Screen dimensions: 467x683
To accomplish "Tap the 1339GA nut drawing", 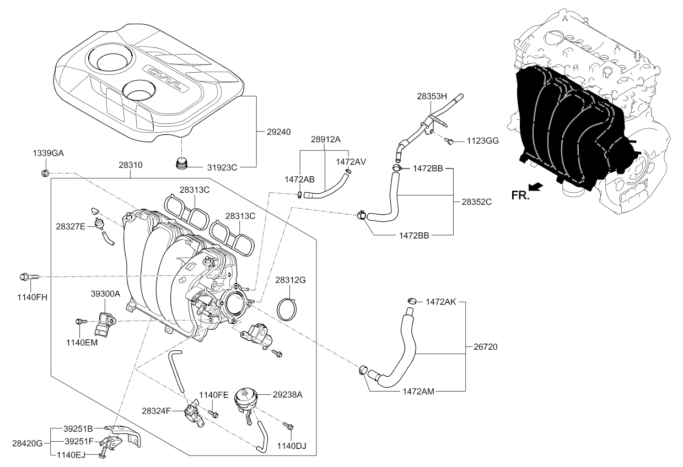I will point(45,173).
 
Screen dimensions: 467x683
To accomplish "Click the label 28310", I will point(130,164).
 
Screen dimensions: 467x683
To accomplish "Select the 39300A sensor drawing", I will point(105,322).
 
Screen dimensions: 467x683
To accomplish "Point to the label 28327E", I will point(70,225).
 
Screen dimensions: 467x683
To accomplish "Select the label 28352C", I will point(477,202).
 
